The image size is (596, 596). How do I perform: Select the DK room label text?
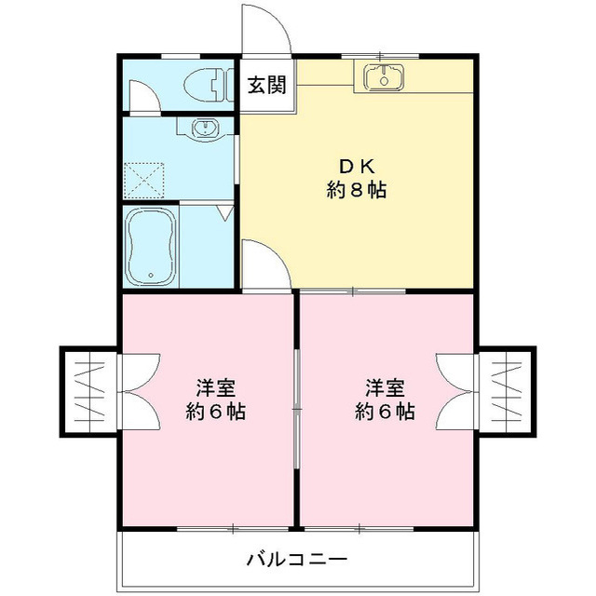356,167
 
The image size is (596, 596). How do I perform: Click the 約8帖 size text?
356,191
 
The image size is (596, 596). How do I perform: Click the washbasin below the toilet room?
201,128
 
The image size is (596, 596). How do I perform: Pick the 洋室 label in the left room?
213,386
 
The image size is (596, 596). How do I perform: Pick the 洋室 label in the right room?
384,386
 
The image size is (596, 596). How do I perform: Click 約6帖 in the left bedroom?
213,411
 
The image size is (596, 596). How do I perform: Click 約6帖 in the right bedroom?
384,411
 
